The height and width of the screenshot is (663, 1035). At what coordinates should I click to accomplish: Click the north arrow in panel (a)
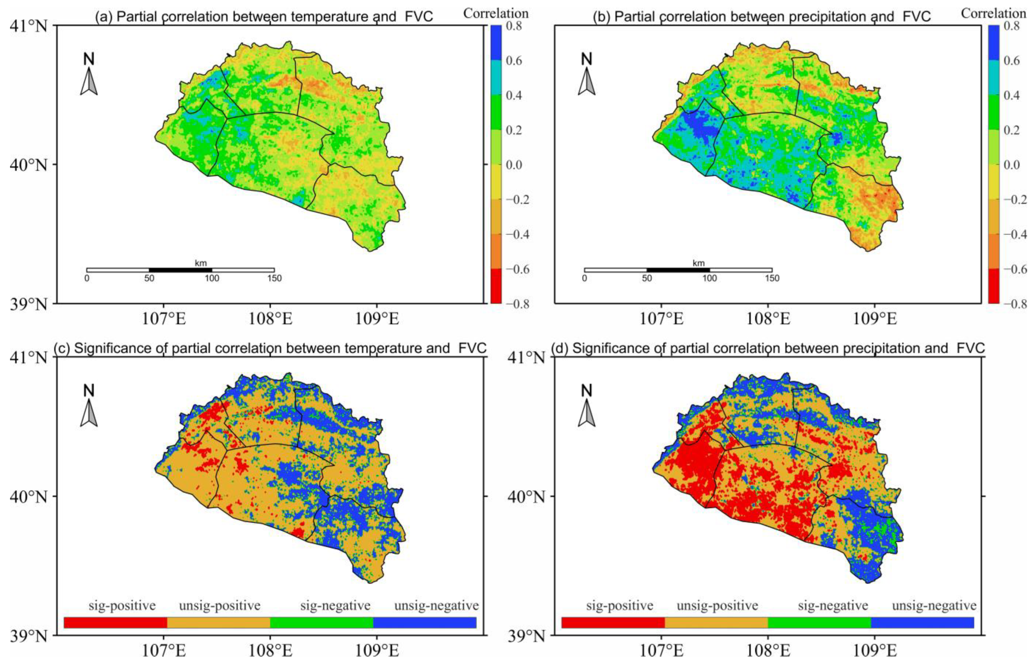89,81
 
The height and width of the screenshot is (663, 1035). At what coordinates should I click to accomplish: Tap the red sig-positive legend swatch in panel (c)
115,623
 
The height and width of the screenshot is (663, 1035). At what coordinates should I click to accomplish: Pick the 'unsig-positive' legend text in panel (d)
717,606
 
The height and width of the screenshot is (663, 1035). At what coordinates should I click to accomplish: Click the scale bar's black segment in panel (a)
181,270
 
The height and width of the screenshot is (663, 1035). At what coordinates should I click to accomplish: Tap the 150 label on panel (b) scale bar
772,279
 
